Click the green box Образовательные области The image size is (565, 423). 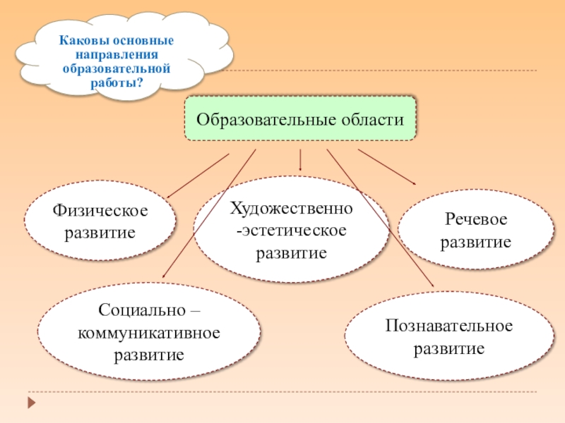300,118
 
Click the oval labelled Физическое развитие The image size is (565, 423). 100,221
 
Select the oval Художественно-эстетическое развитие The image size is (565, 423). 290,230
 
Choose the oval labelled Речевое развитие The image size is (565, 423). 475,230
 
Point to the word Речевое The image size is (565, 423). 476,220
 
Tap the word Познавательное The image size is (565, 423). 449,326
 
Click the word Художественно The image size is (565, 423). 291,209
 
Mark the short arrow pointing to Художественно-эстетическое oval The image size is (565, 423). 301,160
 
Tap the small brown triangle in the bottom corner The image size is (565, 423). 31,403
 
